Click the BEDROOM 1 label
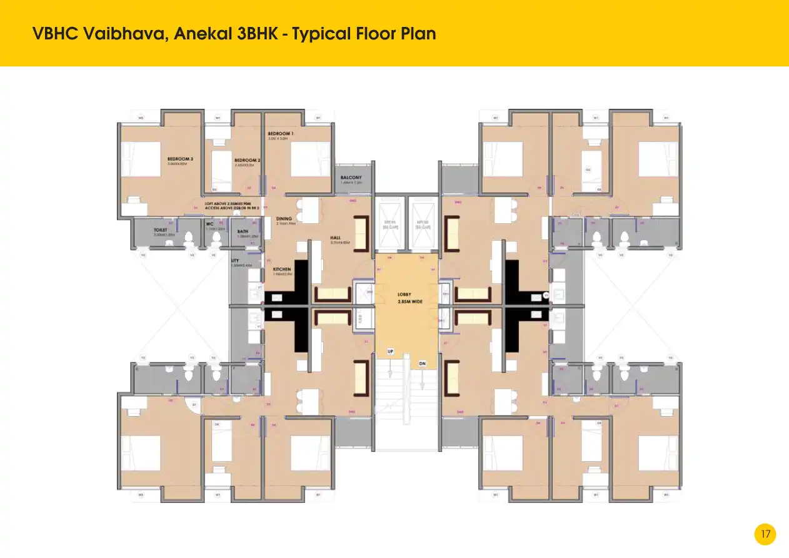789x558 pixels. tap(281, 134)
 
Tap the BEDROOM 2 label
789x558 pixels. tap(248, 160)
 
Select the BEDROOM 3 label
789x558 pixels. tap(180, 159)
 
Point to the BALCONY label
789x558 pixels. tap(351, 178)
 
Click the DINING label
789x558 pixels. tap(284, 219)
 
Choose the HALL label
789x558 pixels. tap(335, 238)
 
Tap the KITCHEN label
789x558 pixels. tap(282, 270)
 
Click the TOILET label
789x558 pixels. tap(161, 230)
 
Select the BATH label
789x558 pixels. tap(243, 231)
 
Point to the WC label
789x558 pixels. tap(210, 224)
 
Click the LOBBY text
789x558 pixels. tap(405, 294)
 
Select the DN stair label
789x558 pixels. tap(423, 363)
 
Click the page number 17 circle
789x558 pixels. tap(765, 534)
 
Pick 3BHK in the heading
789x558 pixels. tap(256, 34)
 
